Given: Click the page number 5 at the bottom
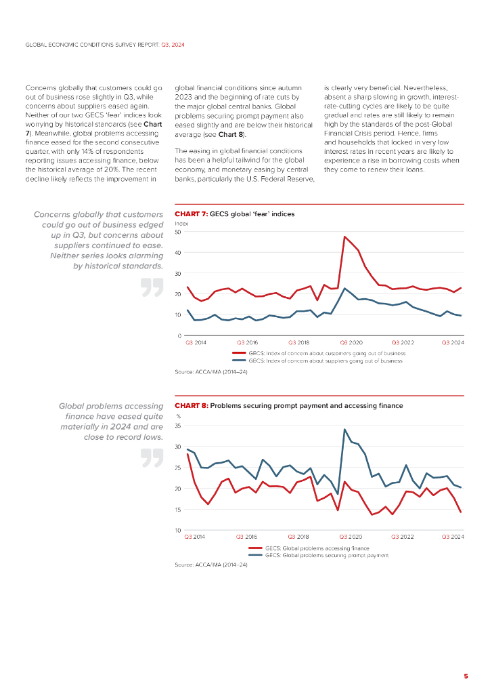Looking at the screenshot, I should pos(466,676).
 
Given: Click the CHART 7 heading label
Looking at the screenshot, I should pos(191,213).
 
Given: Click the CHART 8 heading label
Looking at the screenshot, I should pos(192,405).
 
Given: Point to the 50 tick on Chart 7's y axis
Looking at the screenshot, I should pos(178,232).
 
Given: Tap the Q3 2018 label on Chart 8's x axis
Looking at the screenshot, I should pos(298,537).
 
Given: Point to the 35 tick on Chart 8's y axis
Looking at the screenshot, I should pos(178,426).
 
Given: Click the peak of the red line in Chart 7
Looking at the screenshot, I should pos(344,237).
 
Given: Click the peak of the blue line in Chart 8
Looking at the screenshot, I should pos(344,429).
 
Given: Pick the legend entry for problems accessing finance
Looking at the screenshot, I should pos(317,548).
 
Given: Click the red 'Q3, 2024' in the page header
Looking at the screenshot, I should pos(173,44).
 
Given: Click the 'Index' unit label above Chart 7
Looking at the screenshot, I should pos(181,223).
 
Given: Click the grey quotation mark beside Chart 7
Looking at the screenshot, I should pos(152,287).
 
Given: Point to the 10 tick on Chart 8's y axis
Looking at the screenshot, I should pos(178,530).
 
